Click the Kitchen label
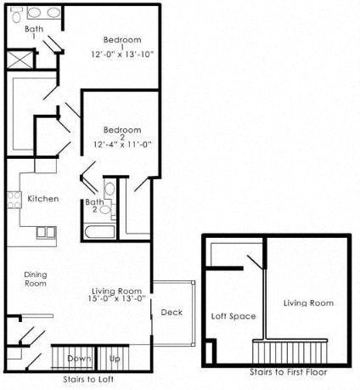42,199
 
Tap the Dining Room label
36,279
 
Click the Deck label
172,313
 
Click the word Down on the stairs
79,359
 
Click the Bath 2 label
93,205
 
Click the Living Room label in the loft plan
307,302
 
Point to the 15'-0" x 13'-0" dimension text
119,298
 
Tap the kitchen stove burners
14,201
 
